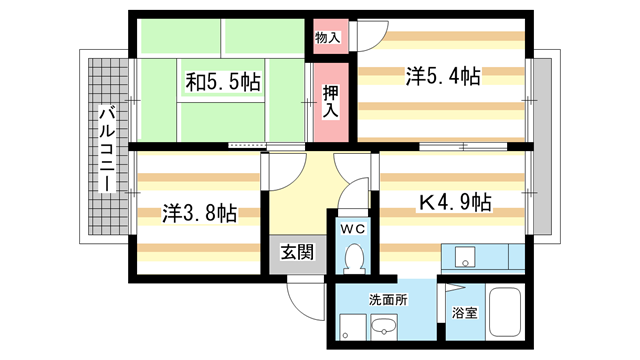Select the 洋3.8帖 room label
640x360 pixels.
click(x=200, y=213)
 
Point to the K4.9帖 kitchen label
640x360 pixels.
click(x=453, y=201)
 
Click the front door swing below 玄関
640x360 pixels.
click(x=305, y=294)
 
